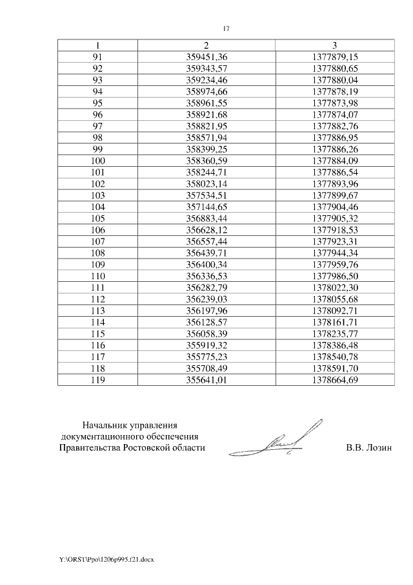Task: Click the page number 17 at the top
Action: point(226,28)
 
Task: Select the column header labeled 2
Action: point(206,45)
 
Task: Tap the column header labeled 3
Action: point(334,45)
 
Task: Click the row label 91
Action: point(97,57)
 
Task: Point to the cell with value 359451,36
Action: point(206,57)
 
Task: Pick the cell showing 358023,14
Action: point(206,184)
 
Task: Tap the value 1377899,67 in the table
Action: point(334,195)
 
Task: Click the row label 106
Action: point(97,230)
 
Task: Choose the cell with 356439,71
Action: point(206,253)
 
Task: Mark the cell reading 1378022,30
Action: point(334,288)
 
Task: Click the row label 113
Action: point(97,311)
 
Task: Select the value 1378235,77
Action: point(334,334)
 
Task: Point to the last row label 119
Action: point(97,380)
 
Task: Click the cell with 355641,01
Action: point(206,380)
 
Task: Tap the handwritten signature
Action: point(287,440)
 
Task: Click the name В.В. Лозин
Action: point(368,447)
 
